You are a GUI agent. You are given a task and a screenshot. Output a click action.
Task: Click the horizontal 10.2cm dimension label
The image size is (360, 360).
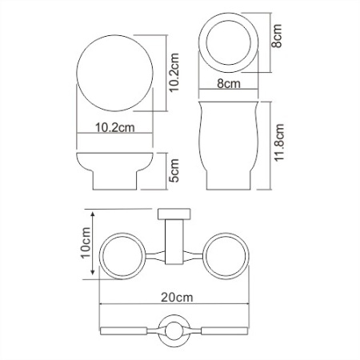[x=113, y=128]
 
